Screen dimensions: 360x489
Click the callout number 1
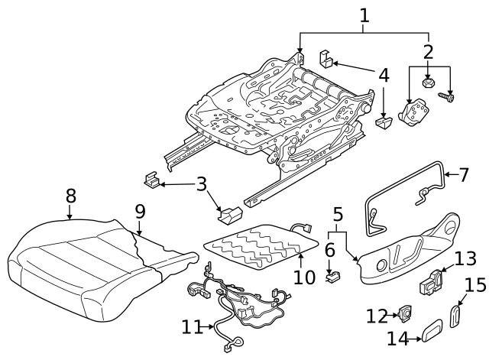pos(364,15)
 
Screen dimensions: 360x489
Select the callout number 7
pos(463,174)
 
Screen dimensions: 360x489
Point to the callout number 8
pos(70,196)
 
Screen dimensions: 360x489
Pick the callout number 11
pos(192,327)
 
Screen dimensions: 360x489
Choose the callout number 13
pos(465,258)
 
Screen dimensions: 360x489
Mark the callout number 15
pos(475,285)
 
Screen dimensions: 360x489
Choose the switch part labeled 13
pos(433,282)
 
